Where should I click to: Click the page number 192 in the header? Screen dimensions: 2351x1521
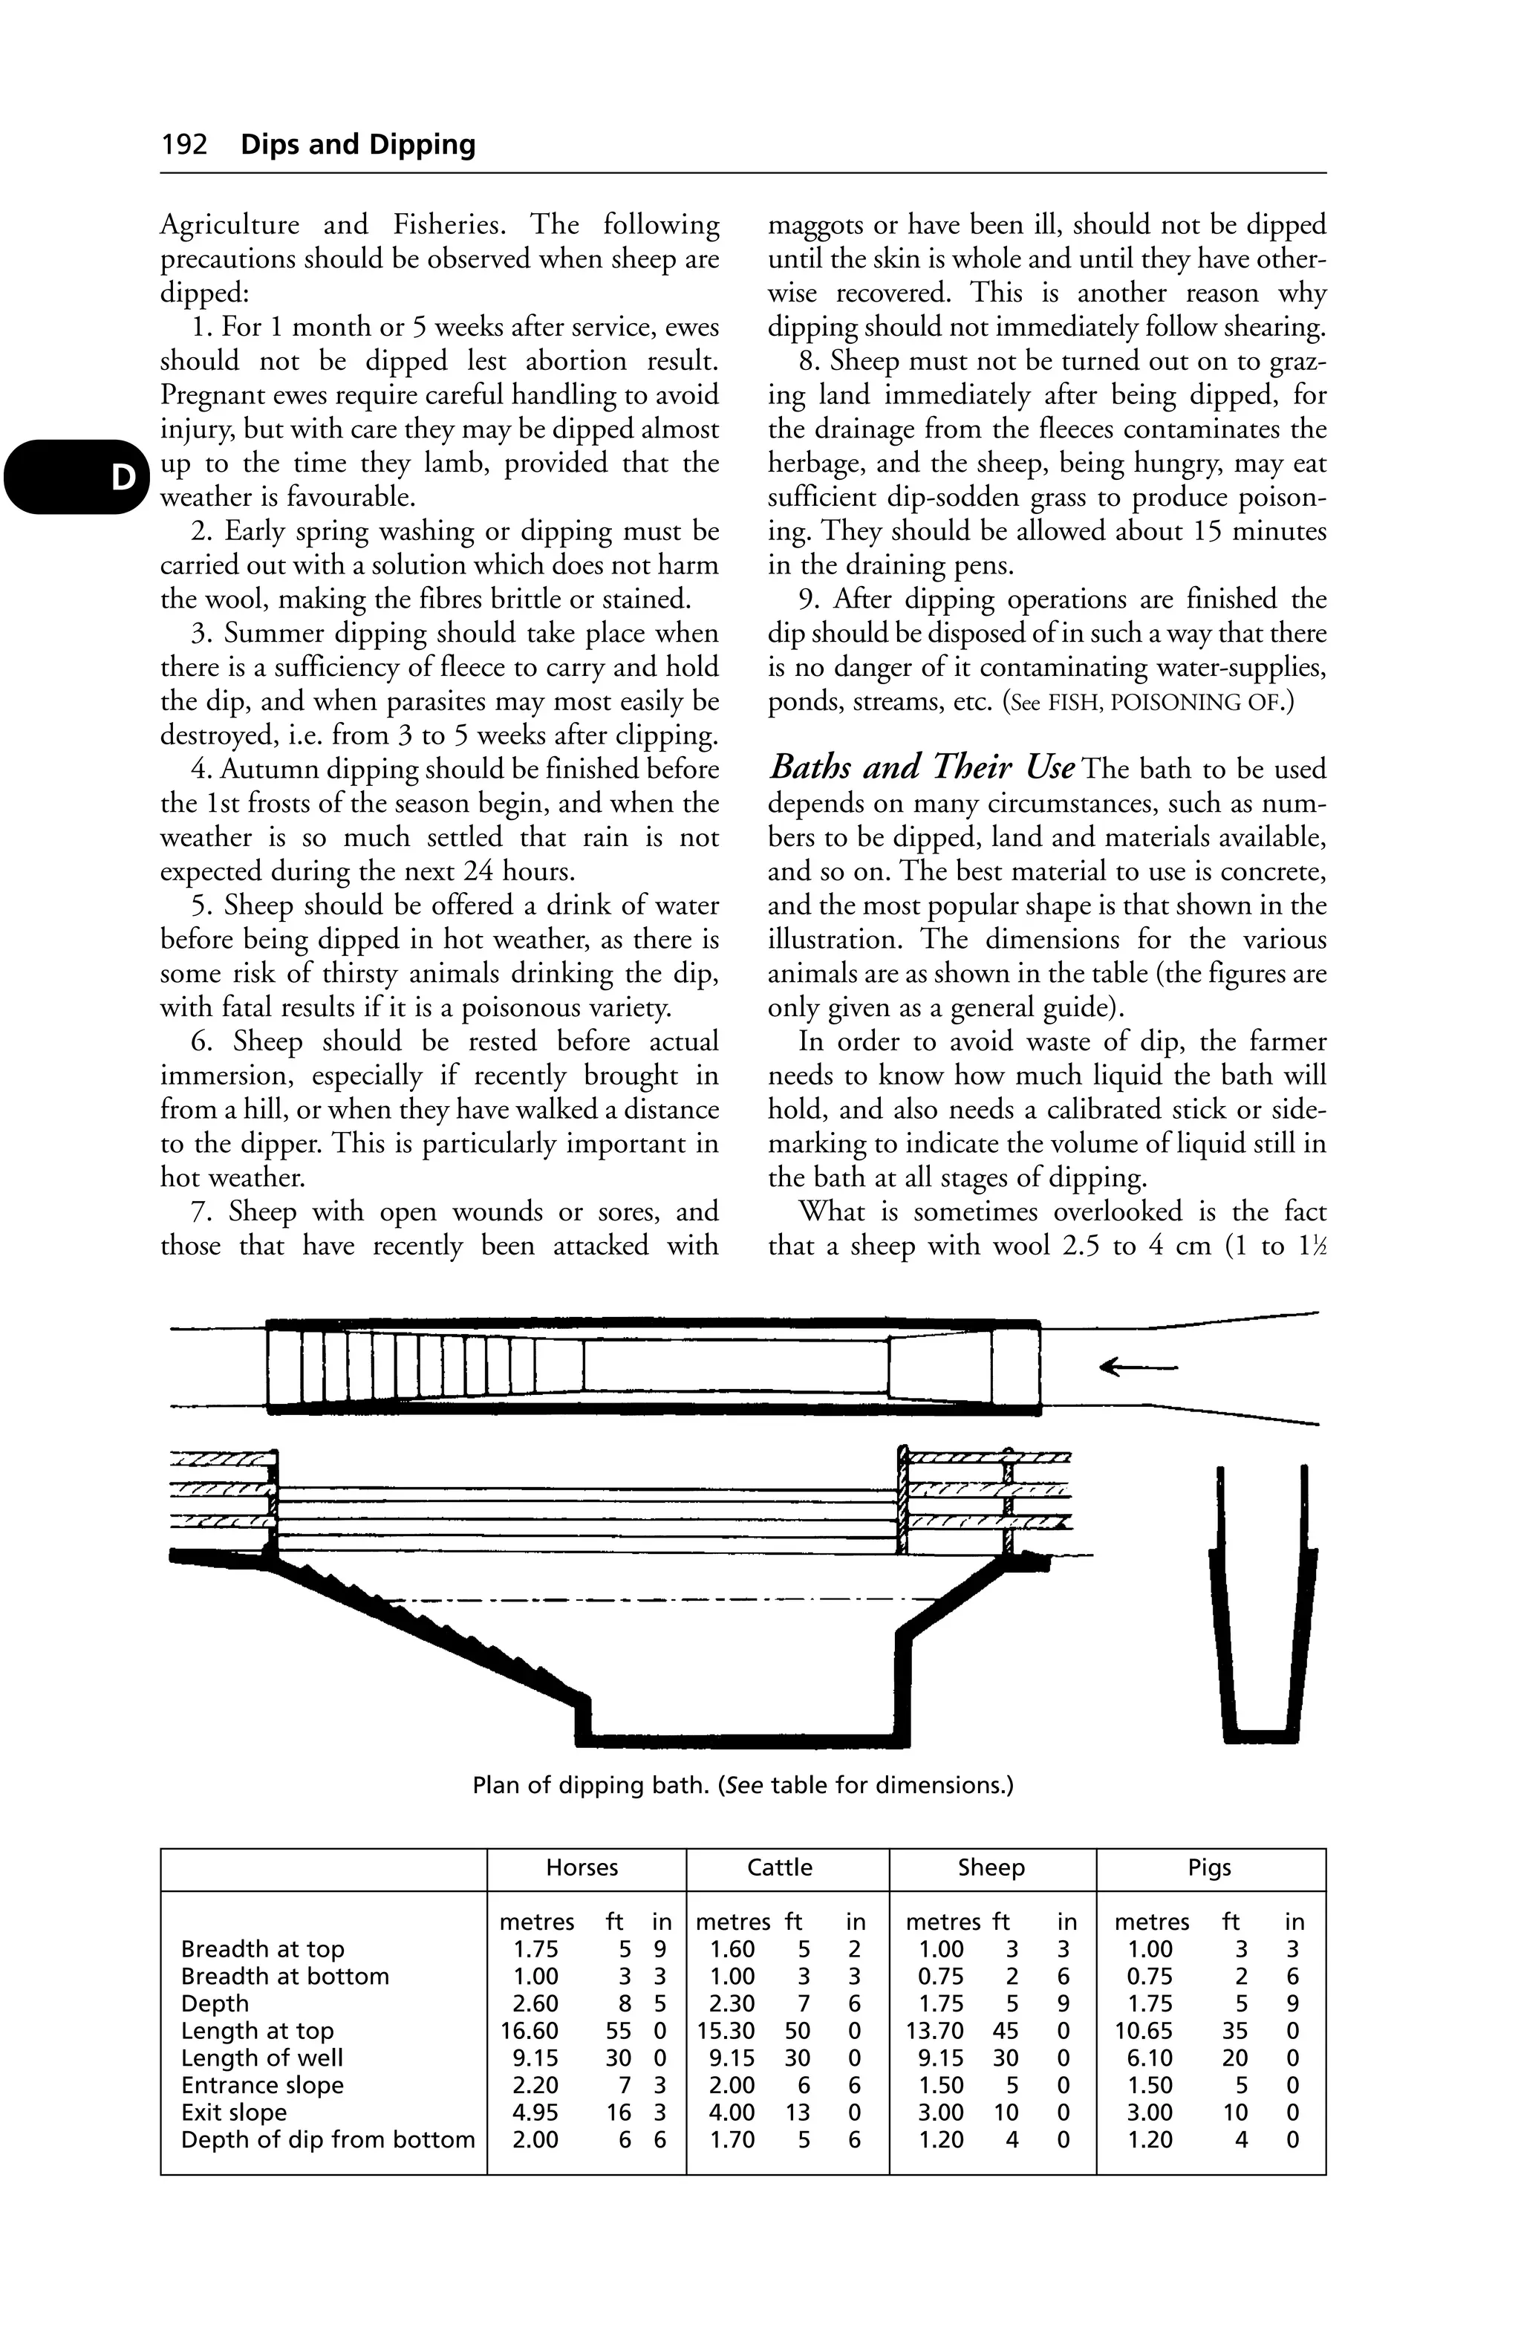click(185, 145)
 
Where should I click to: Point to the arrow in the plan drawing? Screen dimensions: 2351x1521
click(1137, 1367)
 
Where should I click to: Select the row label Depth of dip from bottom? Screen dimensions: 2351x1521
click(328, 2139)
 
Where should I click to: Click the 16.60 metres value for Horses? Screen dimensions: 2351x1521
click(528, 2031)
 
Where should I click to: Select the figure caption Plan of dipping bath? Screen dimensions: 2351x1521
click(743, 1785)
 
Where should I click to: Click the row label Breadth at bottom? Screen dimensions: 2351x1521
click(284, 1976)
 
